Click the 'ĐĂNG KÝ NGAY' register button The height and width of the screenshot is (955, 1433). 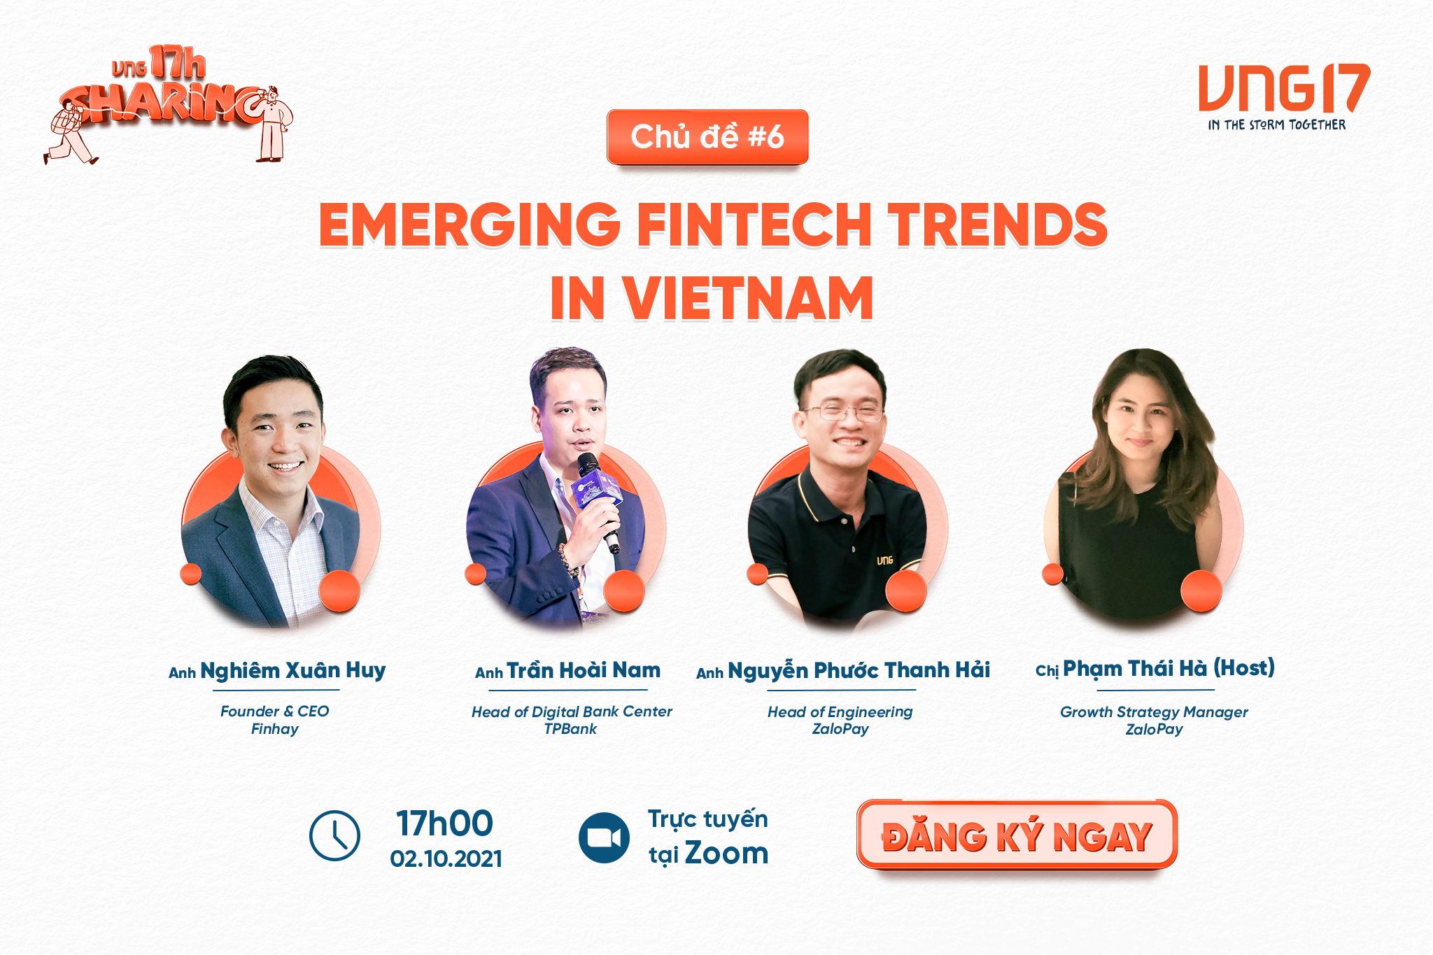[x=1017, y=835]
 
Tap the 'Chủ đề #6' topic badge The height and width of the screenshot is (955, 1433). [x=707, y=137]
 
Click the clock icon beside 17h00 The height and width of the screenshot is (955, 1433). [x=334, y=835]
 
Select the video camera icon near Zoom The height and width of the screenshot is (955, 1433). [x=604, y=837]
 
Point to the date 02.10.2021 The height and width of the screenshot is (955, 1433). [x=446, y=858]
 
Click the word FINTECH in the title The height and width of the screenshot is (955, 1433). [x=754, y=225]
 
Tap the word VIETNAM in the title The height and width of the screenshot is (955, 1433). [x=749, y=298]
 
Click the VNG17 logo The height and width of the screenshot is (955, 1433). [x=1284, y=88]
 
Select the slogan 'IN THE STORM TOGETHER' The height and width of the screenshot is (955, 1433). [x=1277, y=125]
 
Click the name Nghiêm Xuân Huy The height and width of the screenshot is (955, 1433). [x=293, y=670]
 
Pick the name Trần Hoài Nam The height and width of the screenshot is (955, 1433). [x=584, y=670]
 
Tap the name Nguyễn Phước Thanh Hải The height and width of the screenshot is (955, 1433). [x=859, y=670]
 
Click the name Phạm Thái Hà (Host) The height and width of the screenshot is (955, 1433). [x=1169, y=668]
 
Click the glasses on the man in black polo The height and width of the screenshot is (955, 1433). [x=842, y=413]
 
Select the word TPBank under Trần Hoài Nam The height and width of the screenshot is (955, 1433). [x=570, y=729]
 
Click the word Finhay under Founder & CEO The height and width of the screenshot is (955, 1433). [x=275, y=729]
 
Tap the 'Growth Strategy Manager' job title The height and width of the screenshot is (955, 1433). [x=1154, y=712]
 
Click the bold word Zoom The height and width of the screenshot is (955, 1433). [x=726, y=854]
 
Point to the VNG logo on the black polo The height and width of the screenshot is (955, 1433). [x=885, y=560]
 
